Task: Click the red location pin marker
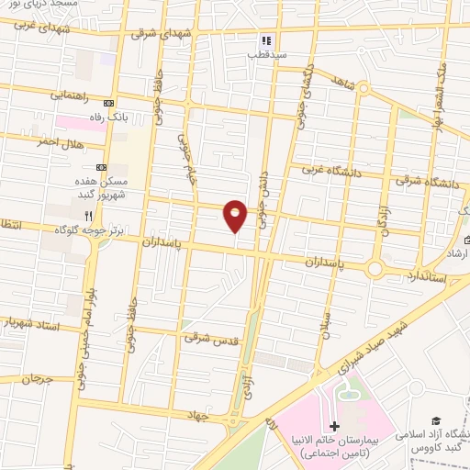(x=236, y=215)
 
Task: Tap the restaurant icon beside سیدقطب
(x=266, y=39)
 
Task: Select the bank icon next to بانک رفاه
(x=109, y=103)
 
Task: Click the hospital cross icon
(x=334, y=427)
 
